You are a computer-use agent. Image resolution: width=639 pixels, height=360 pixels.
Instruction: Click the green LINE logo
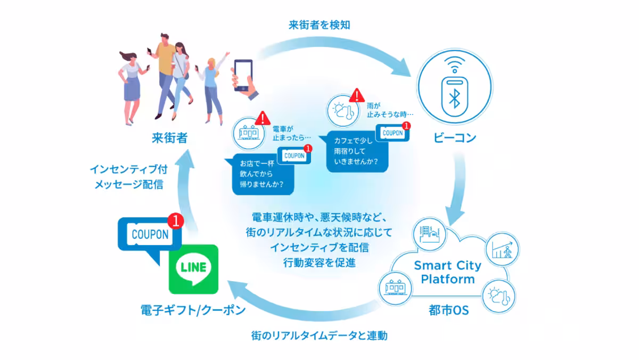[193, 269]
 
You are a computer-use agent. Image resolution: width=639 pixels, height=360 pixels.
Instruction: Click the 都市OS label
[448, 310]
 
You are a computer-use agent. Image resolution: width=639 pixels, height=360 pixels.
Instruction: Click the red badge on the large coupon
[175, 219]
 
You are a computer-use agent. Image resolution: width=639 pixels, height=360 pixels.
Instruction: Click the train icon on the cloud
[395, 288]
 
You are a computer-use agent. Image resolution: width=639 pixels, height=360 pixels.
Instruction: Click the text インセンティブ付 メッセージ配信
[127, 177]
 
